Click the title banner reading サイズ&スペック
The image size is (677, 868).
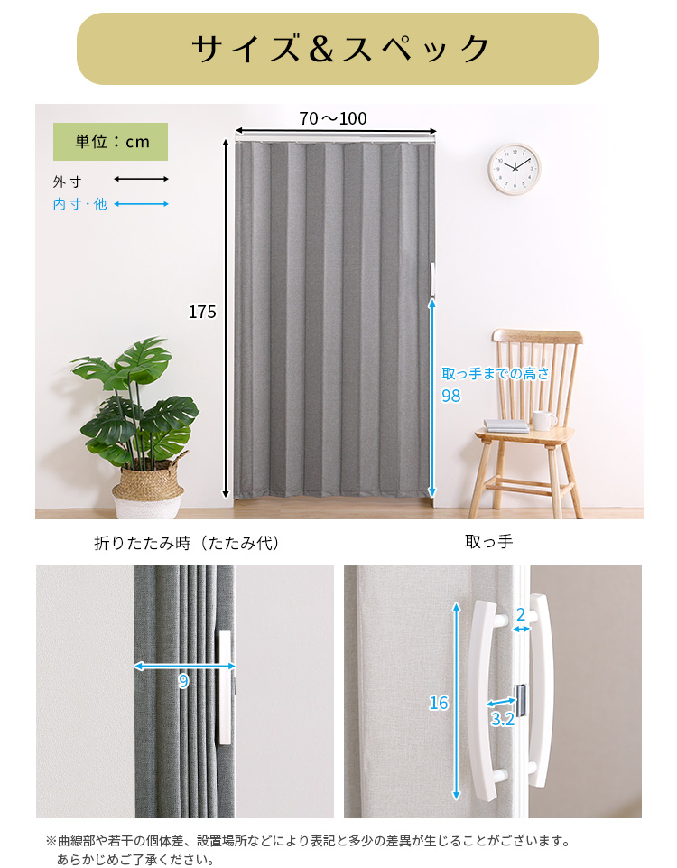(338, 49)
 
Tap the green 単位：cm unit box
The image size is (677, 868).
(111, 142)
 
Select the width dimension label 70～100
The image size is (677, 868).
(333, 118)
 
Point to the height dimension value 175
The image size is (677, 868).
(202, 313)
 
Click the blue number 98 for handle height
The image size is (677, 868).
(450, 396)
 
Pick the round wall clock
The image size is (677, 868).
(515, 169)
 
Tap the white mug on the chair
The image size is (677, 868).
(544, 420)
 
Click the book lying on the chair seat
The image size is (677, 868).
(507, 426)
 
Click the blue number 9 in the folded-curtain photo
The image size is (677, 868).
(183, 681)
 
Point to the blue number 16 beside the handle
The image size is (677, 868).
(439, 703)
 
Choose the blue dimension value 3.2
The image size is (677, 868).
(502, 719)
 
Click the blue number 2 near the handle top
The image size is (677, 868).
(521, 614)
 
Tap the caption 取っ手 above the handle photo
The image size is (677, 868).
(489, 541)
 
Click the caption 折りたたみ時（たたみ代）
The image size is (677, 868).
(186, 543)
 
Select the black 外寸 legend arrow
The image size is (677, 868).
(141, 179)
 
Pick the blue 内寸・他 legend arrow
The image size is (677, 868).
(141, 204)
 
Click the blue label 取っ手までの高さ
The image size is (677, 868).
(496, 374)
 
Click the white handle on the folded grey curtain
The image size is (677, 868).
(225, 687)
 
